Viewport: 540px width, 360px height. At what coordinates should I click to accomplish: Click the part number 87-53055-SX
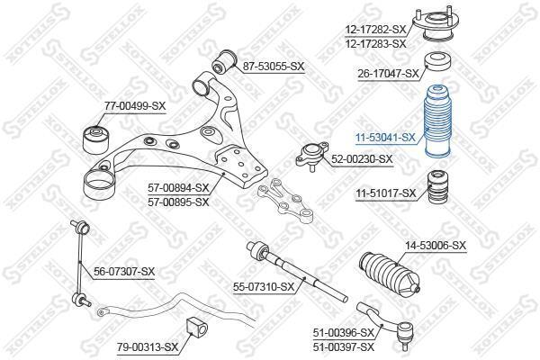coord(274,66)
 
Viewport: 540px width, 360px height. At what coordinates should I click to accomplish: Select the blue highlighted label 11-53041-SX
coord(386,138)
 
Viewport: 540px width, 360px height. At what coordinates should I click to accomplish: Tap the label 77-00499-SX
coord(135,106)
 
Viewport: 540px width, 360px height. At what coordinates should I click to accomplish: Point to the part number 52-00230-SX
coord(362,158)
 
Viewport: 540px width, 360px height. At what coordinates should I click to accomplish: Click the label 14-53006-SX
coord(436,246)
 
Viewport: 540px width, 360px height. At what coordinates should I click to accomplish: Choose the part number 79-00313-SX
coord(148,346)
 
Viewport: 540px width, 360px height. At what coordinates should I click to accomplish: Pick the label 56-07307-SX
coord(124,272)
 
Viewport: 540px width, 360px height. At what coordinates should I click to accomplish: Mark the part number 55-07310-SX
coord(264,286)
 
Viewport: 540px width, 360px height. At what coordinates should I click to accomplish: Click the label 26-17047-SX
coord(388,73)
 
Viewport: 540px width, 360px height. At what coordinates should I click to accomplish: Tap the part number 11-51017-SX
coord(386,193)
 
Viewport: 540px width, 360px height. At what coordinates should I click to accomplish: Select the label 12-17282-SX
coord(376,30)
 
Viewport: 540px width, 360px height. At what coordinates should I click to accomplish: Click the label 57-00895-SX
coord(178,202)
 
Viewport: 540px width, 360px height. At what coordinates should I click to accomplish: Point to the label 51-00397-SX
coord(344,346)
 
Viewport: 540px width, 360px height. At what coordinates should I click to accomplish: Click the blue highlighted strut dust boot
coord(437,121)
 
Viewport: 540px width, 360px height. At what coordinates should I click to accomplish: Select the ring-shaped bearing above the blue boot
coord(437,61)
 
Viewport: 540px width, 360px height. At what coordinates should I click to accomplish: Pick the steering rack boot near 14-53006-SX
coord(389,274)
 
